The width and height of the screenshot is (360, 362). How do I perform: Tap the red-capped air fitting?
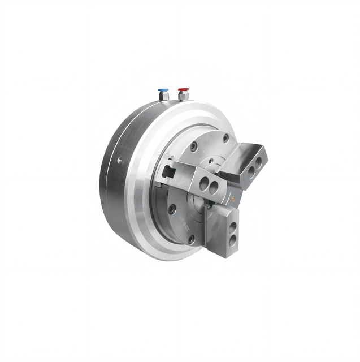click(183, 90)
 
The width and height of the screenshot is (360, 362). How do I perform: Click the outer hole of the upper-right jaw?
click(258, 163)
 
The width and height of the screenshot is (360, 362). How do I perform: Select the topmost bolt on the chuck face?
click(225, 138)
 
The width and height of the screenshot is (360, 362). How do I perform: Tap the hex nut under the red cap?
click(183, 97)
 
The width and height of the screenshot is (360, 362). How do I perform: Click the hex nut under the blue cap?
click(163, 97)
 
